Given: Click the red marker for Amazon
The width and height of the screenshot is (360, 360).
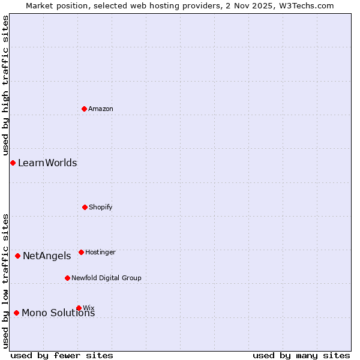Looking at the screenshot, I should point(84,109).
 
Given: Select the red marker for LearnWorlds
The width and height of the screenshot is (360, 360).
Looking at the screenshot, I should point(13,163).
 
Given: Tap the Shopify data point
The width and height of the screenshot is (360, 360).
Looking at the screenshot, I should point(85,207).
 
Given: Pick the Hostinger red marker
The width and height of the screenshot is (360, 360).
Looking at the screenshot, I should point(81,252).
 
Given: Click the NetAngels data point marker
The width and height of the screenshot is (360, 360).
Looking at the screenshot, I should point(17,256).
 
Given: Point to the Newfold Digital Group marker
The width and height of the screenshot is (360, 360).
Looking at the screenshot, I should point(67,278).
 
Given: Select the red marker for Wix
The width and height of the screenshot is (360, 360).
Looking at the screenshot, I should point(79,308).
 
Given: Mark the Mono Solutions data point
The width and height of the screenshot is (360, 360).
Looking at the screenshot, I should point(16,313).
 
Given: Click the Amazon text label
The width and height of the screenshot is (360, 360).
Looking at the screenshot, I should point(101,109).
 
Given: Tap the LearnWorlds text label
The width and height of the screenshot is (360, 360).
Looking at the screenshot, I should point(47,163).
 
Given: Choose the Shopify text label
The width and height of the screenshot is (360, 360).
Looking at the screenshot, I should point(101,207).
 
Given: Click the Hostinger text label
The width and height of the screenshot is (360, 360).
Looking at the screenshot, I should point(100,252).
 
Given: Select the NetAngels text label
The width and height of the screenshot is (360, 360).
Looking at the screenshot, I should point(47,256).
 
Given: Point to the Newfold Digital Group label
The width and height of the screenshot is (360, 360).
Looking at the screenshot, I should point(106,278).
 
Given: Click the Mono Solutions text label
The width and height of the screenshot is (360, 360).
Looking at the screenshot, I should point(58,313).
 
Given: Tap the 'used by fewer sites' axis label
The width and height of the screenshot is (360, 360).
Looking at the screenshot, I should point(62,355).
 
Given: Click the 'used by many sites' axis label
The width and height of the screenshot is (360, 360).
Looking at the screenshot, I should point(301,355).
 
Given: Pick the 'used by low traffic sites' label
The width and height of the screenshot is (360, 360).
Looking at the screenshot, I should point(5,280).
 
